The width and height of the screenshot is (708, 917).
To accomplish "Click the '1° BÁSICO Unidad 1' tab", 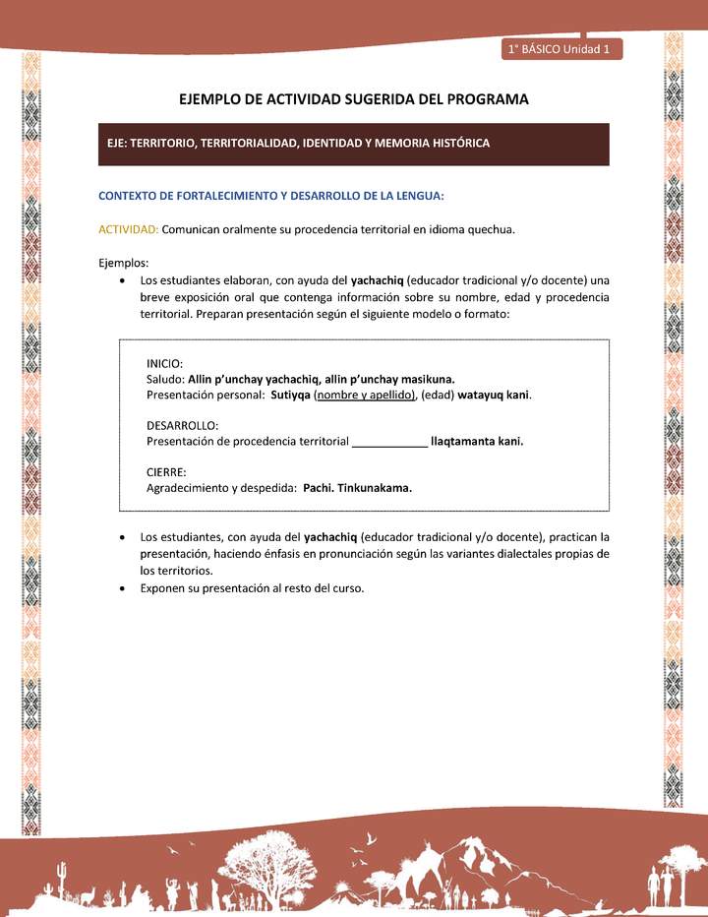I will (560, 48).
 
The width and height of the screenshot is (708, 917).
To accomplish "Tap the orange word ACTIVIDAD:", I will (129, 229).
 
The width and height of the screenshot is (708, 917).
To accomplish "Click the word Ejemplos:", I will (124, 263).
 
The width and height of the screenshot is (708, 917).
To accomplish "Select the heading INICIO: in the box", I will (164, 363).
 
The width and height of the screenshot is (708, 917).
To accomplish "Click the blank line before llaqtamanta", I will (389, 442).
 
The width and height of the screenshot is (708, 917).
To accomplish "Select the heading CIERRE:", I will (165, 472).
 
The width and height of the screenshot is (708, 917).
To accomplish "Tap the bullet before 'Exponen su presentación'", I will (120, 588).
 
